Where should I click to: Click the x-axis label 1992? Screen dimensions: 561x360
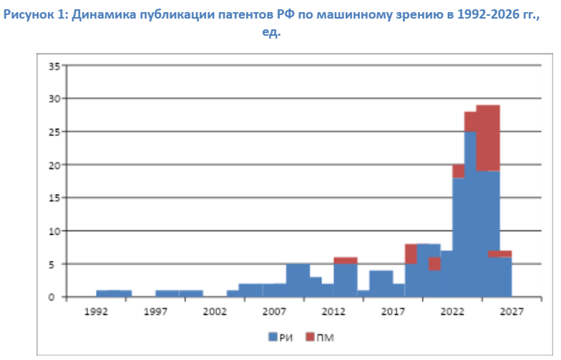(96, 312)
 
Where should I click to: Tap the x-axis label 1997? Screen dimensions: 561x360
(155, 312)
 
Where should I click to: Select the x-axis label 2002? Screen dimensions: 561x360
(215, 312)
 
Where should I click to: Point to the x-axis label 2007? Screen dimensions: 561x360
(274, 312)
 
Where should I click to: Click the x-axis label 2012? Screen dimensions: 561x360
(333, 312)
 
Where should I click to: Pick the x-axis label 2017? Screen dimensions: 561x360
(393, 312)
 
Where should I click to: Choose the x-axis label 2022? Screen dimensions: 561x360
(452, 312)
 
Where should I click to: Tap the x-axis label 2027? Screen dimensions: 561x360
(512, 312)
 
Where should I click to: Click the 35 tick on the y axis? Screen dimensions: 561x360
(54, 66)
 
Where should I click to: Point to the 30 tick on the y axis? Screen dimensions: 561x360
(54, 99)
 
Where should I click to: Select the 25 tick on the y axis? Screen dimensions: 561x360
(54, 132)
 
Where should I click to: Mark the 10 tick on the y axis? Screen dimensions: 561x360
(54, 231)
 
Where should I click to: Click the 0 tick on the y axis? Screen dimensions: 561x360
(52, 298)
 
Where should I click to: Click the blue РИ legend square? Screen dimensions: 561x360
(273, 336)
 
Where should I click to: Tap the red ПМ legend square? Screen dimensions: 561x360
(311, 336)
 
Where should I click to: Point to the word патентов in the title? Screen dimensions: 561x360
(246, 15)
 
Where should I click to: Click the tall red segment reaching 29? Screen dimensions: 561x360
(488, 138)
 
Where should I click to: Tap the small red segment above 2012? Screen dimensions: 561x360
(346, 261)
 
